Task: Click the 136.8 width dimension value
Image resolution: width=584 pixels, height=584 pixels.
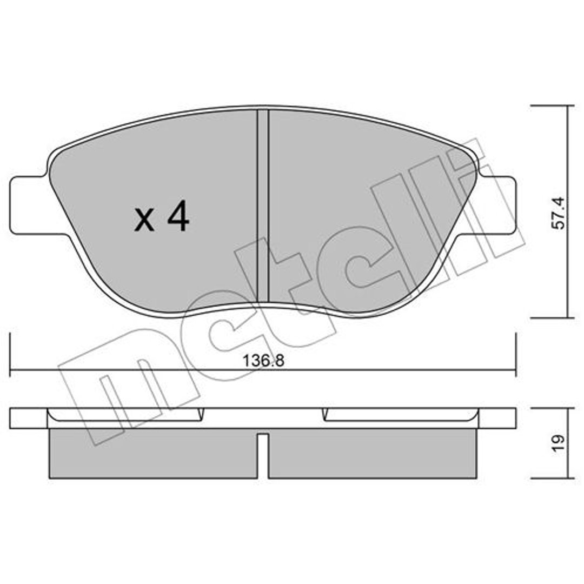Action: (x=263, y=361)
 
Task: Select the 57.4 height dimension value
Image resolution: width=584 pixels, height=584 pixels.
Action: (x=558, y=213)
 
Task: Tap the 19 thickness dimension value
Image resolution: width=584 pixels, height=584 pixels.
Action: (x=558, y=443)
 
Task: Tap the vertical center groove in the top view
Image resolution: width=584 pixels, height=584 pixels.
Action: (x=263, y=205)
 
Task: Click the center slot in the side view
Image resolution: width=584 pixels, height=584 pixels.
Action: (x=263, y=455)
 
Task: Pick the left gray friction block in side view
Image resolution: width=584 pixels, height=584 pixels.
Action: (x=153, y=453)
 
